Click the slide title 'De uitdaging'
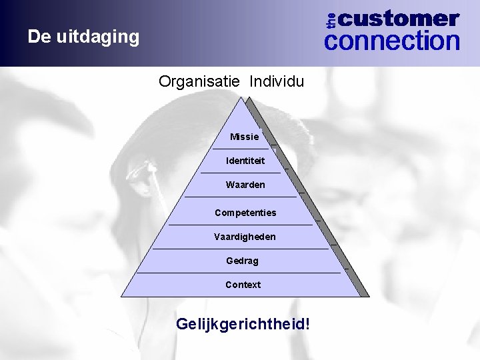coord(83,36)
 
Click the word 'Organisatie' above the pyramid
coord(200,82)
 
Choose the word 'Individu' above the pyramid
coord(277,82)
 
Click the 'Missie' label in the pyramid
coord(244,137)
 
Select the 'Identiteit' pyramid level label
coord(245,161)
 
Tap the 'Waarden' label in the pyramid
coord(245,185)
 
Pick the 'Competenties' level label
coord(245,213)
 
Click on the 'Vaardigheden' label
coord(245,237)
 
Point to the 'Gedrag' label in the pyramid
coord(243,261)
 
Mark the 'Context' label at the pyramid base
coord(243,285)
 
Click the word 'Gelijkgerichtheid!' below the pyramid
coord(243,325)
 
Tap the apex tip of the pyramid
coord(245,98)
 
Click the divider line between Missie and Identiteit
coord(245,149)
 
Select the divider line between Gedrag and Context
coord(238,273)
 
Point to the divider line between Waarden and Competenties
coord(240,197)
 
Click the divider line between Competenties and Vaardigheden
coord(240,225)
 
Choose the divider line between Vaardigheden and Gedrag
coord(240,249)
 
